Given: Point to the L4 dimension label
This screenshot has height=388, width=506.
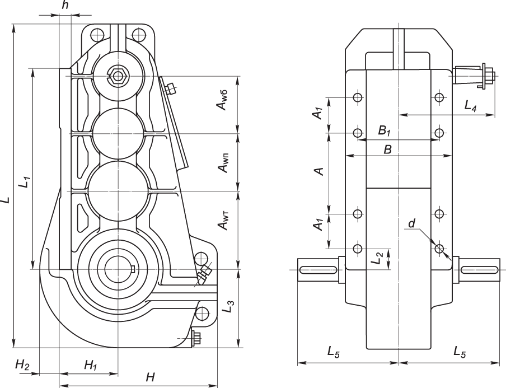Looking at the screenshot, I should point(470,106).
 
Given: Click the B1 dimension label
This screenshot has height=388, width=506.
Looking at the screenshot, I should point(385,131).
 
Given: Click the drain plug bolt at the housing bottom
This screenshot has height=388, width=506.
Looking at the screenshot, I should point(196,338).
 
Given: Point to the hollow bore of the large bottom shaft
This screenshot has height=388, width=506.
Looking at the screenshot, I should point(118,269).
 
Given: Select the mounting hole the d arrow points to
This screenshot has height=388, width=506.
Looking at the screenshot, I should point(439,248).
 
